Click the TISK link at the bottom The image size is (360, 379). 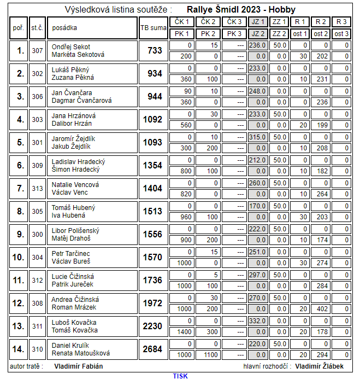pos(180,376)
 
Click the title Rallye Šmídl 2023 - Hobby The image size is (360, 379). pos(240,9)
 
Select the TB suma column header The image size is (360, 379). pos(153,27)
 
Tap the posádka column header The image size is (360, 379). pos(64,27)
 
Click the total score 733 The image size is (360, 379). pos(155,50)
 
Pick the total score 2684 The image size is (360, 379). pos(152,349)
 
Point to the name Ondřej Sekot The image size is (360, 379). pos(71,46)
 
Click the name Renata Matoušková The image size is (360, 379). pos(80,353)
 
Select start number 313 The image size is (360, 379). pos(37,188)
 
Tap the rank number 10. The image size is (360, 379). pos(19,257)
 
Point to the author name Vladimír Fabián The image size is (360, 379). pos(79,366)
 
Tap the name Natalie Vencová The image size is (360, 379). pos(71,184)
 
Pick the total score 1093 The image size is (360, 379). pos(152,142)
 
